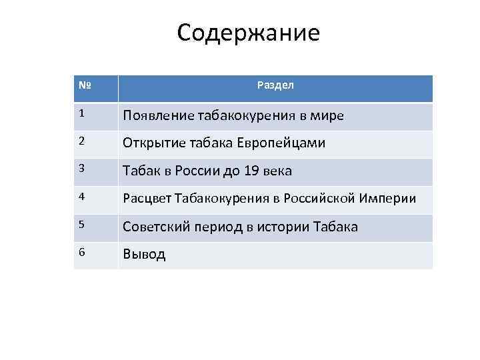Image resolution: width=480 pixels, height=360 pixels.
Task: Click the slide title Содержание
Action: (x=248, y=33)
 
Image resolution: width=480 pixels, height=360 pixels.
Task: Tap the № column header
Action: (x=85, y=86)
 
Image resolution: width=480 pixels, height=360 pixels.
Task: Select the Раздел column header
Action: (x=275, y=86)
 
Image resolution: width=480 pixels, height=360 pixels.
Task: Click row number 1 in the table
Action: (x=81, y=114)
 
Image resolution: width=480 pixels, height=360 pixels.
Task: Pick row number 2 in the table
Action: (x=81, y=142)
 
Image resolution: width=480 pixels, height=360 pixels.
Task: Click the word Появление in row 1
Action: (x=158, y=116)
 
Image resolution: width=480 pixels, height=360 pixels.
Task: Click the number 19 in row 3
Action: (x=251, y=171)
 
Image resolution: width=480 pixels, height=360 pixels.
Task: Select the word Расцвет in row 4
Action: (x=147, y=199)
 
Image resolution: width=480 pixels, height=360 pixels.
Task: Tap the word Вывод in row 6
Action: (x=144, y=255)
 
